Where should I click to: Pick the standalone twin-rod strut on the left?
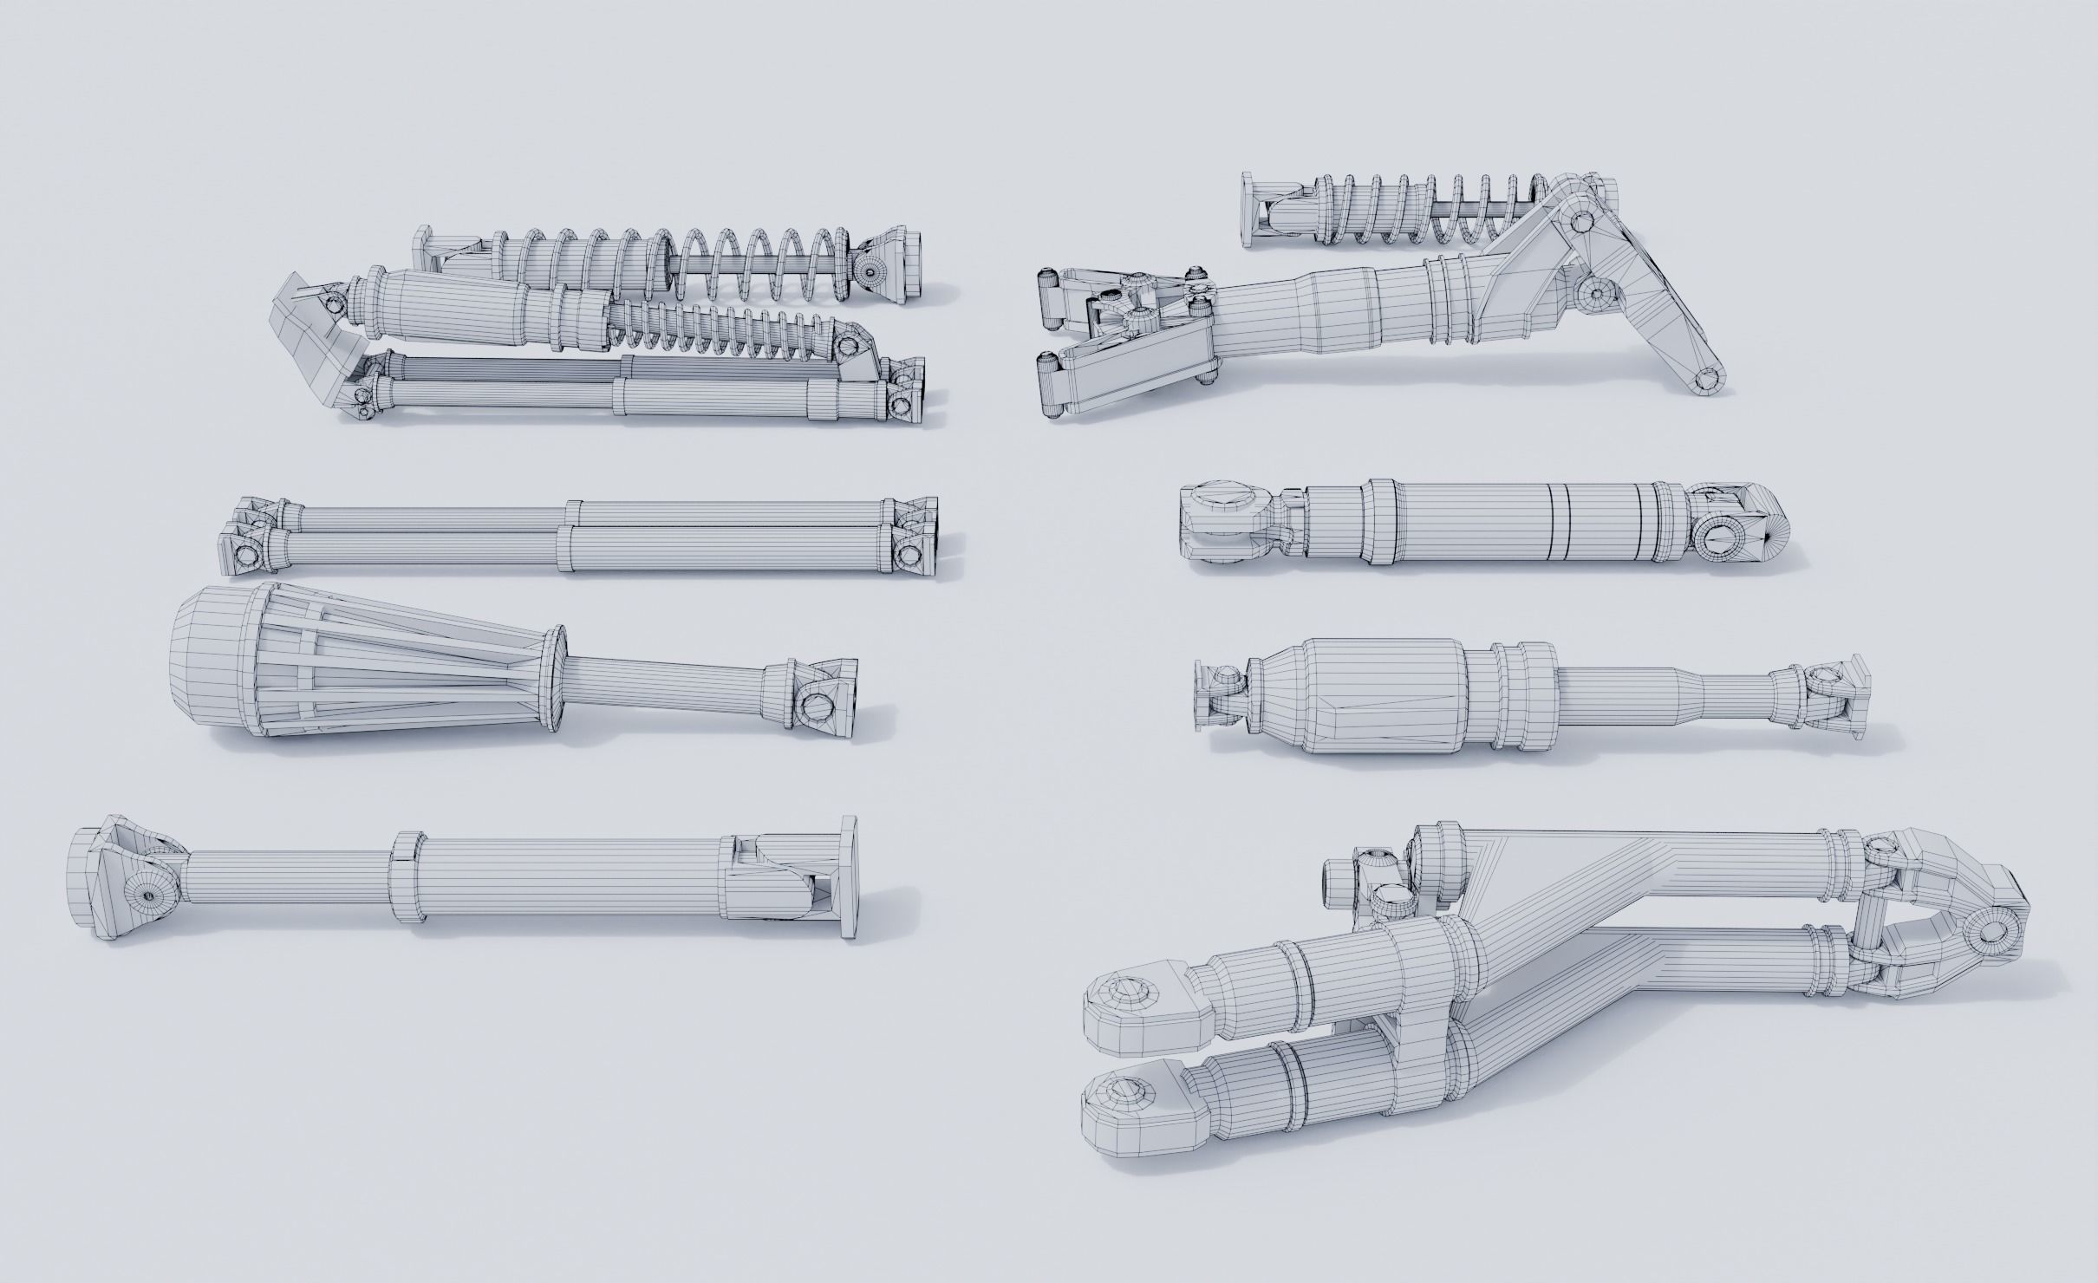581,536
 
